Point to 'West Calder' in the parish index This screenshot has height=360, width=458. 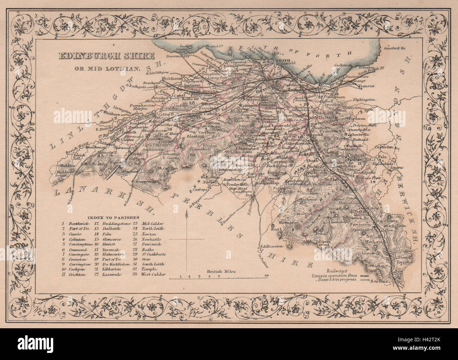153,274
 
